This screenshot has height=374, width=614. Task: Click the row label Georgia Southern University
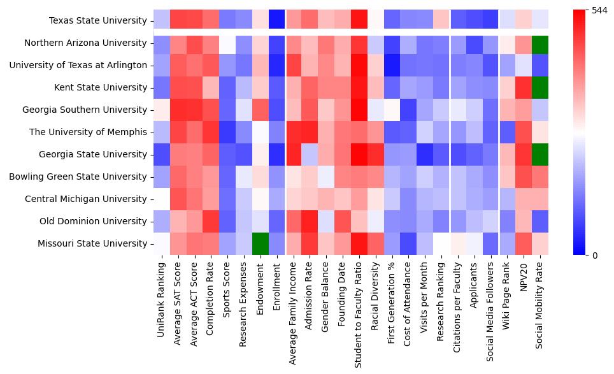(x=85, y=110)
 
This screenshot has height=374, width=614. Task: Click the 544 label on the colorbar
(x=599, y=11)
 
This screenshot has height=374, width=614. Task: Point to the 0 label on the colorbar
(x=594, y=255)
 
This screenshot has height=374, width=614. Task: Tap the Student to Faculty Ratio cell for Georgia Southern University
(x=359, y=110)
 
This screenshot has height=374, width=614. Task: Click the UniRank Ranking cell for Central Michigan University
(x=162, y=199)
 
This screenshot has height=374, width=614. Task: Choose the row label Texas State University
(x=98, y=20)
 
